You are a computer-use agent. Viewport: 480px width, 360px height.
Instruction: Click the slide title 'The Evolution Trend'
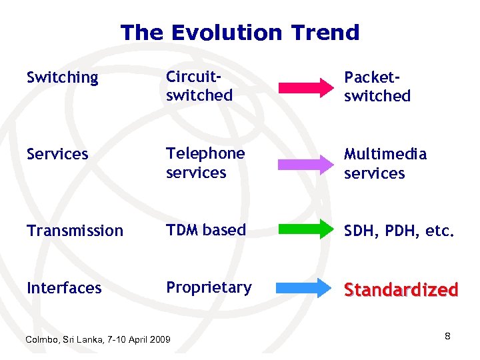click(239, 32)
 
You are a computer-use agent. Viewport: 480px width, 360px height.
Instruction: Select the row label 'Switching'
click(62, 78)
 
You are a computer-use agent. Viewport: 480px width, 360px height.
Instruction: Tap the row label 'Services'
click(57, 155)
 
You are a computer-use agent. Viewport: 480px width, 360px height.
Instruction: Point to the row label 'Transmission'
click(75, 231)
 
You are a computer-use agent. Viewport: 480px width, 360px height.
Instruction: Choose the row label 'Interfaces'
click(64, 288)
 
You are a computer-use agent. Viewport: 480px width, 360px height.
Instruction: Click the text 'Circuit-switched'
click(199, 86)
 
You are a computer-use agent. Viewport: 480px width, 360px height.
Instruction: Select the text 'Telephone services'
click(205, 163)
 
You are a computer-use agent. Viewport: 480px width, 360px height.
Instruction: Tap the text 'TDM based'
click(206, 230)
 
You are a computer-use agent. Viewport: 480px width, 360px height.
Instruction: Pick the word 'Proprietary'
click(209, 287)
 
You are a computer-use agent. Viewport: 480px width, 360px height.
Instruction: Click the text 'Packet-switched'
click(377, 87)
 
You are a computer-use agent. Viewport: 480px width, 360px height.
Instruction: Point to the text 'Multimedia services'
click(385, 163)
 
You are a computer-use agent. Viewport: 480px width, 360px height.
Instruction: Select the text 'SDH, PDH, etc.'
click(399, 231)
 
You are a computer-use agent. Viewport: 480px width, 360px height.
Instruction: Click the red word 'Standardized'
click(401, 290)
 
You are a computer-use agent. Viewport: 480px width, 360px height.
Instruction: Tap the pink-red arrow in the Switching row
click(305, 87)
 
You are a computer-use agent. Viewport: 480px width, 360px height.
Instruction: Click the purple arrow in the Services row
click(305, 163)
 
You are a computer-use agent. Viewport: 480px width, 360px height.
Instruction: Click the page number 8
click(447, 336)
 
